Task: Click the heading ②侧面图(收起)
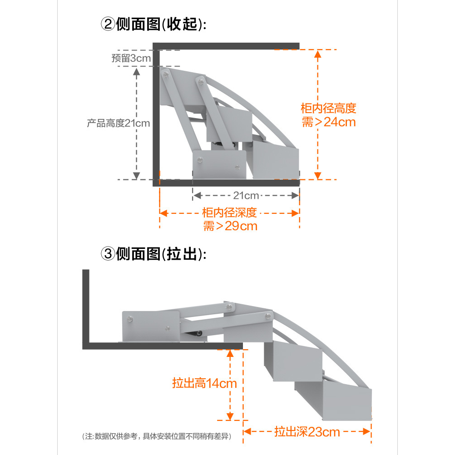[153, 24]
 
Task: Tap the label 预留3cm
[131, 58]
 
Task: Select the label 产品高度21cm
[119, 123]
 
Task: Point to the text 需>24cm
[329, 122]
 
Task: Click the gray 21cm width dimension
[246, 196]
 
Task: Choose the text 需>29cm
[230, 226]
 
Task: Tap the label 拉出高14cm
[204, 383]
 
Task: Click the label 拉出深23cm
[307, 431]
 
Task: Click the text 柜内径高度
[328, 109]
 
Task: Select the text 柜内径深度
[230, 212]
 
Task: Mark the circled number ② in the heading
[108, 24]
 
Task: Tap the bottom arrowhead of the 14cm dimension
[230, 416]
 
